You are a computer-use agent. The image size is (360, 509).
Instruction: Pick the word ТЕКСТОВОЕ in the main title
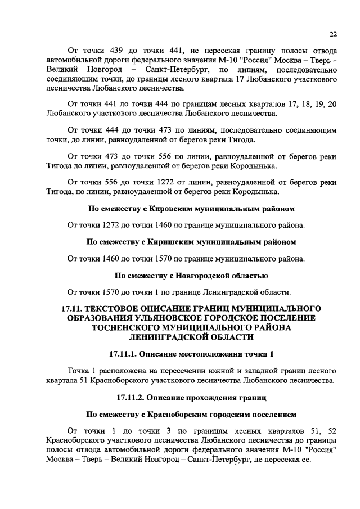click(x=116, y=308)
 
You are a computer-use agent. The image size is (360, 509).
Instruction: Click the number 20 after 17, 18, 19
click(x=331, y=104)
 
